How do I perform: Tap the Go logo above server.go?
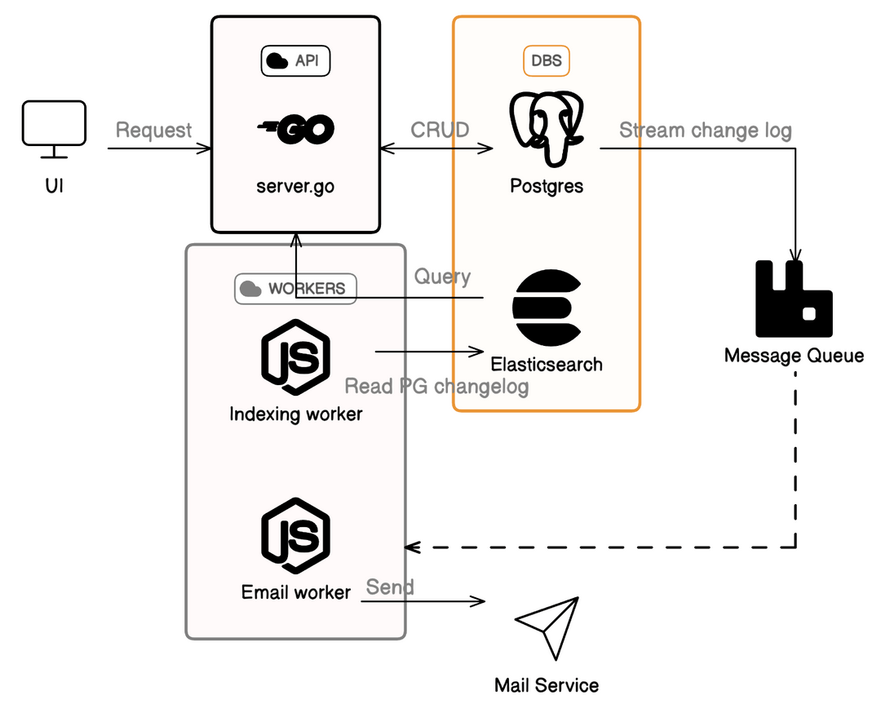click(295, 130)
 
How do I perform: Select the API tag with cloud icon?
click(295, 61)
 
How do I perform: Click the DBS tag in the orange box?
click(547, 61)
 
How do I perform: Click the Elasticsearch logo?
click(547, 308)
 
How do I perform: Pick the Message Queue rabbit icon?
click(794, 299)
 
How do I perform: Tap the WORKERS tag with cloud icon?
click(295, 289)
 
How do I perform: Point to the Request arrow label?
click(154, 131)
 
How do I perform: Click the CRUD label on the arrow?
click(440, 131)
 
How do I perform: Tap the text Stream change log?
click(705, 131)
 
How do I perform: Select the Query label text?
click(442, 277)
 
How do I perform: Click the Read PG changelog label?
click(436, 386)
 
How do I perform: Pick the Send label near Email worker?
click(389, 587)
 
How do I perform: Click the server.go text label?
click(295, 186)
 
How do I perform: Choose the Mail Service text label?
click(547, 685)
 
